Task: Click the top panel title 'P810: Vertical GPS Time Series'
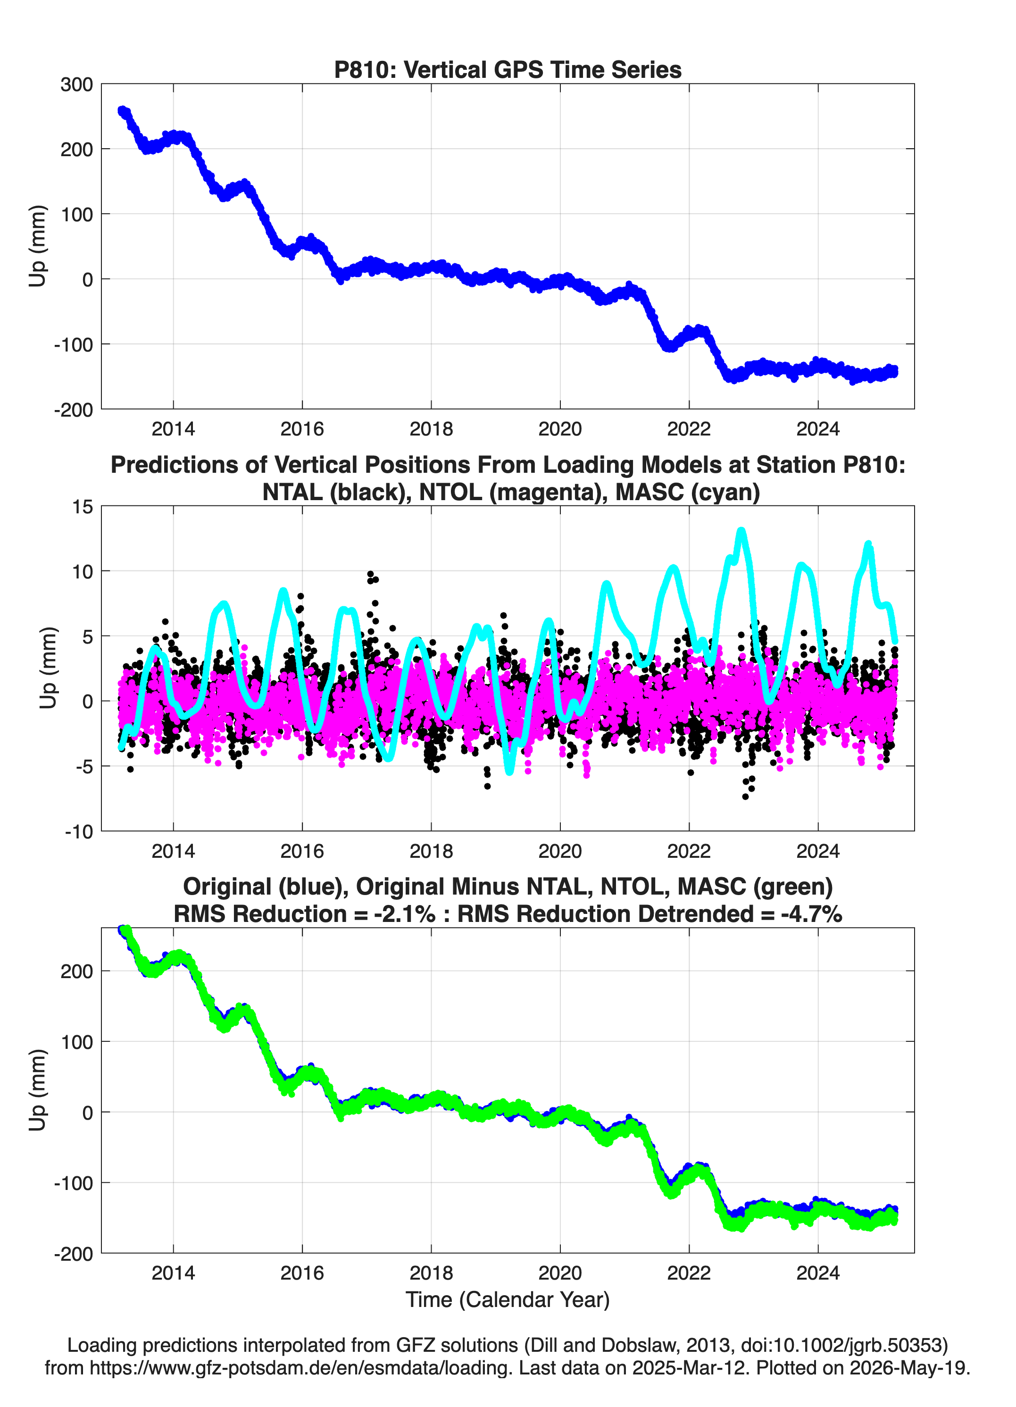click(508, 69)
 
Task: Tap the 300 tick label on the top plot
click(77, 84)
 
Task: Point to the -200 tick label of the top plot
click(73, 410)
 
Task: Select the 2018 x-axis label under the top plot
click(431, 429)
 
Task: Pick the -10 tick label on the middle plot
click(79, 832)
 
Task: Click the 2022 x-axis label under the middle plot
click(689, 851)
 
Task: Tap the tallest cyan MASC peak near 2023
click(741, 531)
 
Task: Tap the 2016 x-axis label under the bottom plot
click(302, 1273)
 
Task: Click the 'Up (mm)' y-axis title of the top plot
click(37, 246)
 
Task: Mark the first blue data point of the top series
click(122, 110)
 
